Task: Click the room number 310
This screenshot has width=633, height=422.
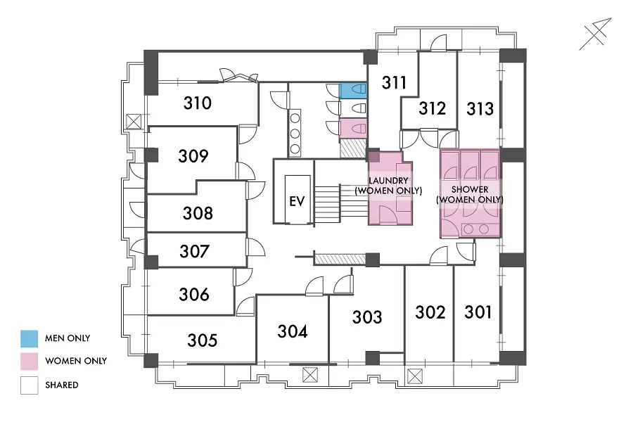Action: coord(198,103)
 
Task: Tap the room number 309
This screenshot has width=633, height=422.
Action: coord(193,156)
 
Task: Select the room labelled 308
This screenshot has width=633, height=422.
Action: coord(198,213)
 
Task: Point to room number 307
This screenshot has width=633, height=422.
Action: coord(194,251)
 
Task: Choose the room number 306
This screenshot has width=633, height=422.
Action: coord(194,295)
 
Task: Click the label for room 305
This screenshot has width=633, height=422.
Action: coord(203,340)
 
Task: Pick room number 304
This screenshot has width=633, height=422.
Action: coord(293,331)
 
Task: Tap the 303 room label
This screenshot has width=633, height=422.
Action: coord(367,317)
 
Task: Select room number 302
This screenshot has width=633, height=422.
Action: coord(430,312)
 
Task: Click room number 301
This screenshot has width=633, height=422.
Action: coord(478,312)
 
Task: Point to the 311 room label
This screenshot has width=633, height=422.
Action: coord(394,82)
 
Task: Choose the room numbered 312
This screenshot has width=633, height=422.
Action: coord(432,108)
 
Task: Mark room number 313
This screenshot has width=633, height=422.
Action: coord(480,108)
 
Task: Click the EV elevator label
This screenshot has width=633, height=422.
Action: coord(297,201)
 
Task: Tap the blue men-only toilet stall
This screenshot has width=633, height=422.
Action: coord(353,91)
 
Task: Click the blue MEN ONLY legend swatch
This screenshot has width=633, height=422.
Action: coord(29,338)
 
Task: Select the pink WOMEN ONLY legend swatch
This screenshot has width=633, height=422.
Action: coord(29,362)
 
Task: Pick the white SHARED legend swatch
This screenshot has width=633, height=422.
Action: coord(29,385)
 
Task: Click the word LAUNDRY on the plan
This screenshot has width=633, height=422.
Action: coord(388,181)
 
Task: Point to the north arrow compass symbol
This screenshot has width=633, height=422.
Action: coord(596,34)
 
